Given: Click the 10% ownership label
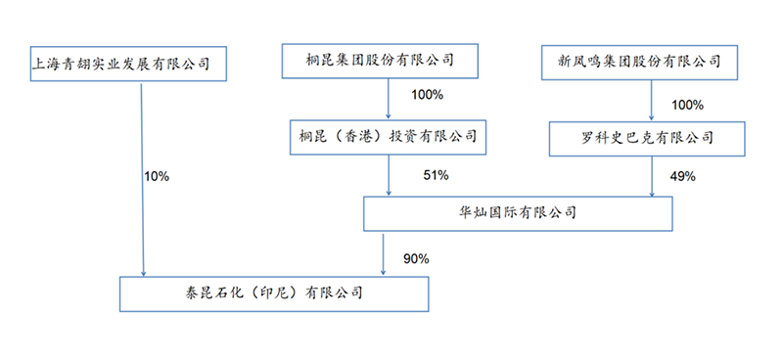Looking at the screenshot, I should pyautogui.click(x=157, y=177).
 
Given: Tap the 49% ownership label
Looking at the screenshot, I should pyautogui.click(x=682, y=177).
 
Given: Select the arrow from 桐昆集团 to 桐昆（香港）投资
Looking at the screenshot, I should pyautogui.click(x=391, y=100).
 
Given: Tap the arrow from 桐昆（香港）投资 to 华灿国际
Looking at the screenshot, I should pyautogui.click(x=391, y=176).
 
